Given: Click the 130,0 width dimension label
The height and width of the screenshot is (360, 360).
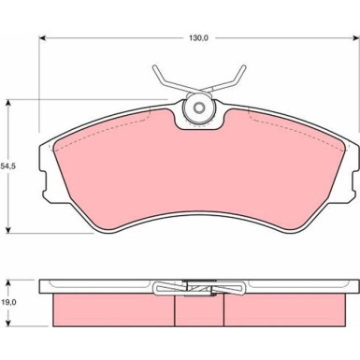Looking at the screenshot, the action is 198,38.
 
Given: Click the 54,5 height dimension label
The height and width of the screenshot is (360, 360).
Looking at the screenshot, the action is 8,166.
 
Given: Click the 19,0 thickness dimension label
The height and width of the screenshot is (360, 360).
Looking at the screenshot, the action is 8,302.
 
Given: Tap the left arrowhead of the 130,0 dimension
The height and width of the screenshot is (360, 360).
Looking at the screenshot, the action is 42,38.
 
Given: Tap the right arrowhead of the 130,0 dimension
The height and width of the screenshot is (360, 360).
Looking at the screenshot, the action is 355,38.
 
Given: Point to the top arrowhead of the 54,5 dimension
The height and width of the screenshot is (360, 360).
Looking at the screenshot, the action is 8,104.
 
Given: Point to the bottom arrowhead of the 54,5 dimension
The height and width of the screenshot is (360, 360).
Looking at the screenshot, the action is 8,229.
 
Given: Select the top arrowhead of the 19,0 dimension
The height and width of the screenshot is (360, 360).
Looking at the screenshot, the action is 8,283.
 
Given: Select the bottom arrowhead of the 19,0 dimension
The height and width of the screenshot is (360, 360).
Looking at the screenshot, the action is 8,323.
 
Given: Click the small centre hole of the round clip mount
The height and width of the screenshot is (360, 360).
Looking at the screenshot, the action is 198,108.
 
